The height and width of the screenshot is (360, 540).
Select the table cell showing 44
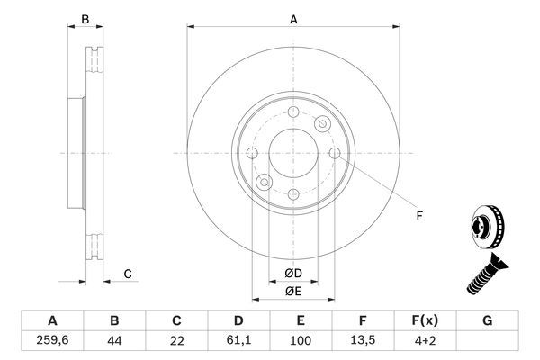click(x=113, y=340)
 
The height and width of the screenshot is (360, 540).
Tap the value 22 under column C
click(x=177, y=340)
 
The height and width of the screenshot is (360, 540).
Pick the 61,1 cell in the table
click(x=238, y=340)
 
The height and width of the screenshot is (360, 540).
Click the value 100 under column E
click(x=301, y=340)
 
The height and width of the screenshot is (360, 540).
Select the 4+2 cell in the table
click(x=426, y=340)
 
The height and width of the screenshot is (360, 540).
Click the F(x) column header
click(x=426, y=319)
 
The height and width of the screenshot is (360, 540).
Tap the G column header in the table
click(x=488, y=319)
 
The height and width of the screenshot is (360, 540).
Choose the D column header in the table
click(x=238, y=319)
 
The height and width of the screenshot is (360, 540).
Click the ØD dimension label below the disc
click(x=293, y=273)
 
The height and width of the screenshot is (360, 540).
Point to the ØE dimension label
click(x=293, y=291)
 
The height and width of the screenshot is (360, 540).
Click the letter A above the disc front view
click(x=293, y=19)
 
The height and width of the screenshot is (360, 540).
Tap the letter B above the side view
click(x=85, y=19)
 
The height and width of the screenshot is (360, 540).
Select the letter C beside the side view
click(x=128, y=274)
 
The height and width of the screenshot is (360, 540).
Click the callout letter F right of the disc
click(x=418, y=214)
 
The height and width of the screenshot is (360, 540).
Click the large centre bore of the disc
click(x=293, y=154)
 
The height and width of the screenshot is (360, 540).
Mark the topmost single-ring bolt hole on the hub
click(x=293, y=112)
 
